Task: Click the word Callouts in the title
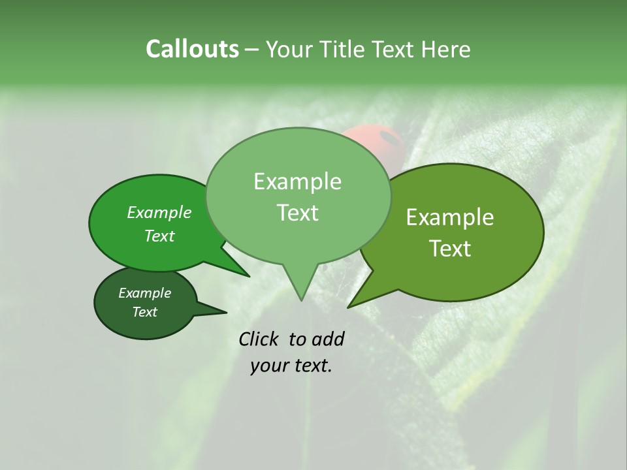pos(192,49)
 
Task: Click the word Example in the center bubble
pos(297,181)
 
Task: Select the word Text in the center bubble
pos(297,213)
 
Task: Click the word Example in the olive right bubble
pos(450,217)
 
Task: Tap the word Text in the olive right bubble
pos(450,249)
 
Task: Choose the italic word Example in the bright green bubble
pos(159,212)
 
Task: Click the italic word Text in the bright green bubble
pos(159,236)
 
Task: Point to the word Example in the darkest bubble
pos(144,293)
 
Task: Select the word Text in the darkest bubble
pos(144,312)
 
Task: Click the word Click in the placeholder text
pos(259,339)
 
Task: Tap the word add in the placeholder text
pos(328,339)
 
